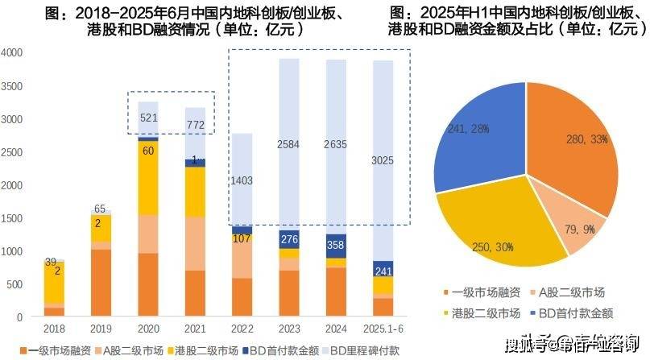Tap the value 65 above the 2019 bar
(x=99, y=208)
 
